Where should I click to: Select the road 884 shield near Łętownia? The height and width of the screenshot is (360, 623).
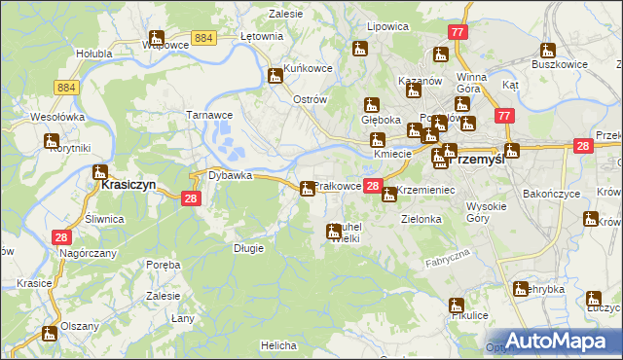point(203,37)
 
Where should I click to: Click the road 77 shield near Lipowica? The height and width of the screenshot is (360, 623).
point(458,32)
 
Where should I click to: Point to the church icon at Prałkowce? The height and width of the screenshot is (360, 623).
point(308,188)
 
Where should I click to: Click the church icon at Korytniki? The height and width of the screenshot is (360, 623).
point(51,142)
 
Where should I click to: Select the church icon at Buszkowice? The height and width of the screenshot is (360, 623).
point(548,51)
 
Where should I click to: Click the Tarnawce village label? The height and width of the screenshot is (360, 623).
point(209,114)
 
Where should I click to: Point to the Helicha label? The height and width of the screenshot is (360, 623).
point(278,345)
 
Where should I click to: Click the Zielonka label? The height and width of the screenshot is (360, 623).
point(421,220)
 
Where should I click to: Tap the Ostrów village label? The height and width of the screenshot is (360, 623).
point(309,101)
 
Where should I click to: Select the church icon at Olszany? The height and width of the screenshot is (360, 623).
point(49,334)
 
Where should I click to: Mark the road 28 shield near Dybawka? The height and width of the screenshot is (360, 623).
point(191,198)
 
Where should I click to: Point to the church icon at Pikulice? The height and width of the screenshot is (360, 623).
point(457,306)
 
